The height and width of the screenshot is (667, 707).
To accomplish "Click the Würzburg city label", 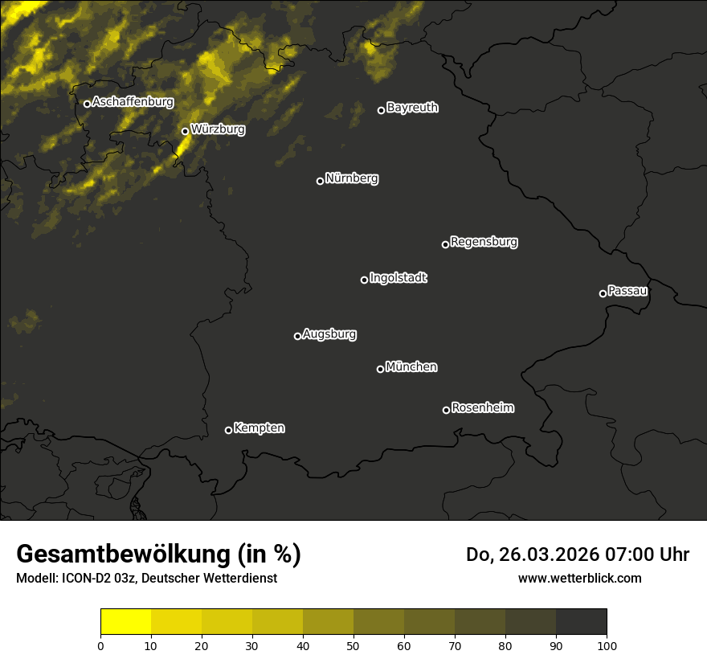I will tap(218, 129).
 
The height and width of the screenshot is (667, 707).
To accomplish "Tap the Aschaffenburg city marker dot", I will tap(87, 104).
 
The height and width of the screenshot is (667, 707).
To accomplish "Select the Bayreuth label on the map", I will tap(412, 108).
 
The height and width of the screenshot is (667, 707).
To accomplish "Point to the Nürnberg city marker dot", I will tap(320, 181).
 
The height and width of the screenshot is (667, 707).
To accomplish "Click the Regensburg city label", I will tap(484, 241).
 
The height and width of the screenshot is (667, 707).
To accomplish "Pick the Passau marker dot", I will tap(603, 293).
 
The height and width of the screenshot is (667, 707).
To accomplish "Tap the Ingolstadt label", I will tap(398, 278).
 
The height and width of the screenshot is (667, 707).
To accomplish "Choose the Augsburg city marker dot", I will tap(297, 336).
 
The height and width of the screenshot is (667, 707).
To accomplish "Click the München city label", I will tap(411, 366).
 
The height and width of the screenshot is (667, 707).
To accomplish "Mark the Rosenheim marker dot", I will tap(446, 411).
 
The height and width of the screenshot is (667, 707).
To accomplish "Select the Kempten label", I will tap(259, 428).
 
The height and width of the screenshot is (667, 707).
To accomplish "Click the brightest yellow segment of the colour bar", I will tap(125, 622).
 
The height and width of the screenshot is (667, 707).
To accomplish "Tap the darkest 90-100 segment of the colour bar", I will tap(581, 622).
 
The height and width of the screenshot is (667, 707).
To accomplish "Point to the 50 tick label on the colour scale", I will tap(353, 644).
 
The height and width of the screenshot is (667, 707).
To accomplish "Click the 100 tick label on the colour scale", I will tap(606, 644).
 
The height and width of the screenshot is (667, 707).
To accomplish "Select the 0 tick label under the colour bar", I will tap(100, 644).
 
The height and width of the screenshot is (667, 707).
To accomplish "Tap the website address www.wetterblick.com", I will tap(579, 578).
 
